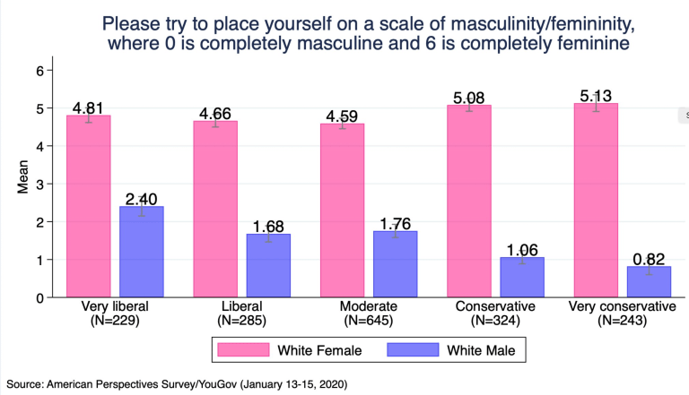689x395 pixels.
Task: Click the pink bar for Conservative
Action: [x=467, y=201]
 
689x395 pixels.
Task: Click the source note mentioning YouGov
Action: [x=180, y=383]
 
